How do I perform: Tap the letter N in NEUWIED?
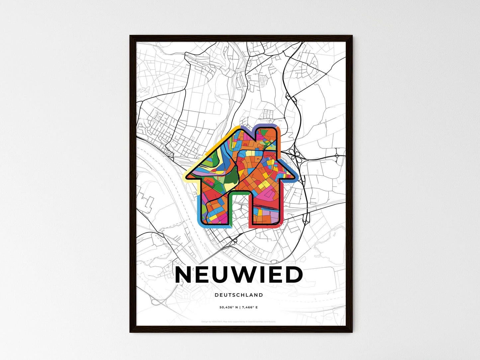184,275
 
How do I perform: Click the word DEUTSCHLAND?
239,295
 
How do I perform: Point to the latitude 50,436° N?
229,308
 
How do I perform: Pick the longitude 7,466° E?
249,308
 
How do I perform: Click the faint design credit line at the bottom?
239,321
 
